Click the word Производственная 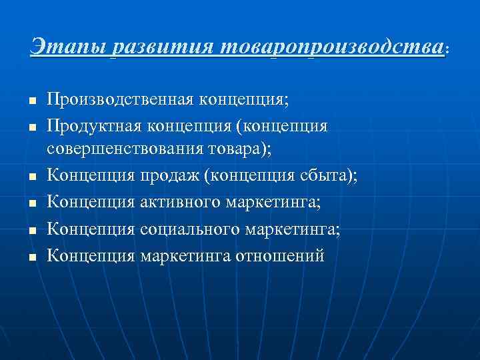pyautogui.click(x=120, y=101)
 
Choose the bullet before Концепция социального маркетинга pyautogui.click(x=31, y=230)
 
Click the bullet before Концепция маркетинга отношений pyautogui.click(x=31, y=255)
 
